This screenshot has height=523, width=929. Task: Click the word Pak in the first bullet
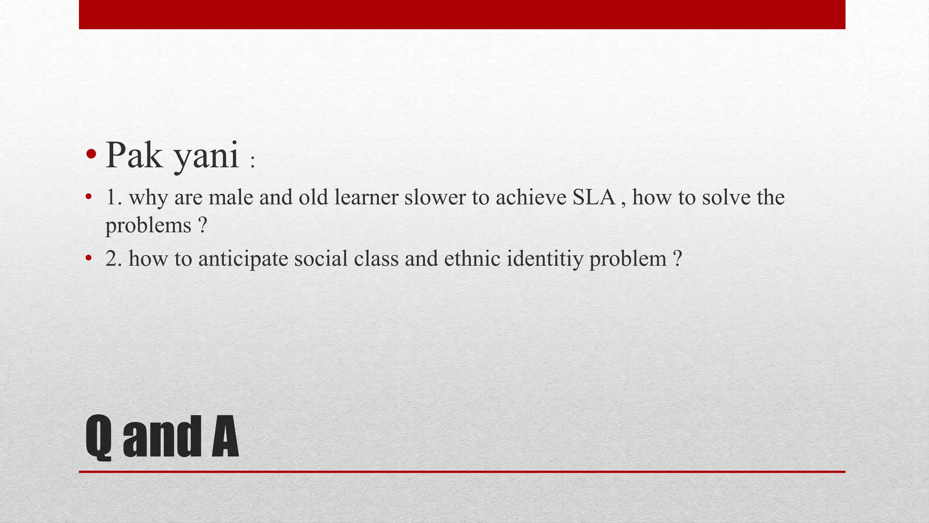click(134, 155)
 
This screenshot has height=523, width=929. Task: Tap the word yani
click(207, 157)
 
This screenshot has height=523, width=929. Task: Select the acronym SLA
click(594, 197)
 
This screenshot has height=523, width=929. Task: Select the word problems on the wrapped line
click(148, 226)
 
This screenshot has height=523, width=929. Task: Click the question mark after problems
click(203, 225)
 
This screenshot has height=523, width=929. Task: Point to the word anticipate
click(243, 259)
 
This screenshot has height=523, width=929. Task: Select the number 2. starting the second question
click(113, 258)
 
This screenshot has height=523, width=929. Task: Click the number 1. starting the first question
click(113, 197)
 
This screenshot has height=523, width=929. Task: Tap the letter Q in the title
click(98, 436)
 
